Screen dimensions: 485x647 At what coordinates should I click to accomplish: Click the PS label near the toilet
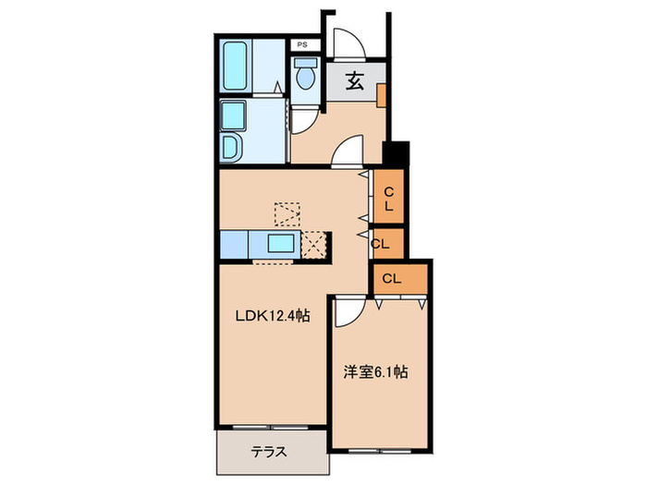301,44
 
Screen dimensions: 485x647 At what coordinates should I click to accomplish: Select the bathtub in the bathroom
237,67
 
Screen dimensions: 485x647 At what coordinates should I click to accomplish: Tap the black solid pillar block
394,152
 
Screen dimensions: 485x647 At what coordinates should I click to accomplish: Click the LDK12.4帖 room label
272,316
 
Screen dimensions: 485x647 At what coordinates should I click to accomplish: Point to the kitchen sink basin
281,245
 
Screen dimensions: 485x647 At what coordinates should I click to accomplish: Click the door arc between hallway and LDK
348,152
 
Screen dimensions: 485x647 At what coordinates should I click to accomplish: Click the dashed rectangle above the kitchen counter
287,212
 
